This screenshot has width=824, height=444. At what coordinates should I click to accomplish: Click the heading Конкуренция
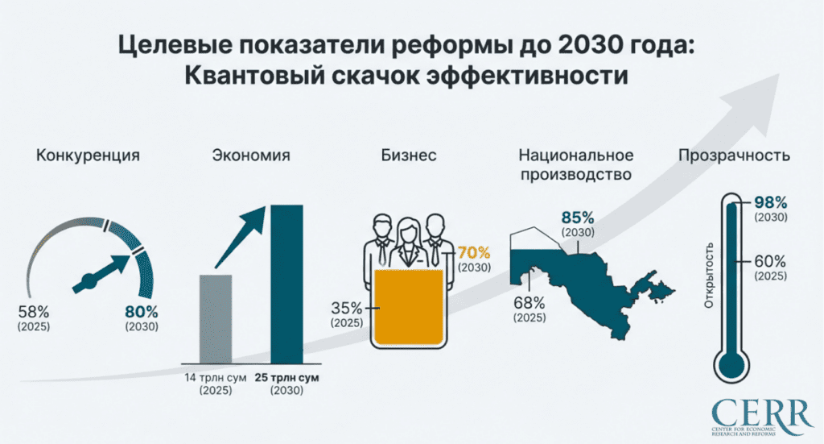tap(89, 156)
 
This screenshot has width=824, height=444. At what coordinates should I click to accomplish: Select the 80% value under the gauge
tap(142, 313)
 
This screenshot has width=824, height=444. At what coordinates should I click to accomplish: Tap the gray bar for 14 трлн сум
tap(215, 318)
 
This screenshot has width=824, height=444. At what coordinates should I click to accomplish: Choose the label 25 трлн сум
tap(287, 378)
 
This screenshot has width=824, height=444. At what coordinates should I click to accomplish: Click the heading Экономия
tap(251, 156)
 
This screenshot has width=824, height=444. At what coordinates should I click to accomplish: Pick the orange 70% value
tap(473, 252)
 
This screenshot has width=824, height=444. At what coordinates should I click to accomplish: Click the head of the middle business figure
tap(407, 228)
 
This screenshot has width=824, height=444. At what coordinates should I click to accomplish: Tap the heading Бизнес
tap(409, 156)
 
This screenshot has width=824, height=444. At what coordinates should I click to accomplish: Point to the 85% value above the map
tap(578, 218)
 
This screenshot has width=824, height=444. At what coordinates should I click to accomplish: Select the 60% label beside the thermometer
tap(770, 261)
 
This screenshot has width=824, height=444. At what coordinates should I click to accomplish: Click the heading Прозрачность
tap(730, 156)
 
